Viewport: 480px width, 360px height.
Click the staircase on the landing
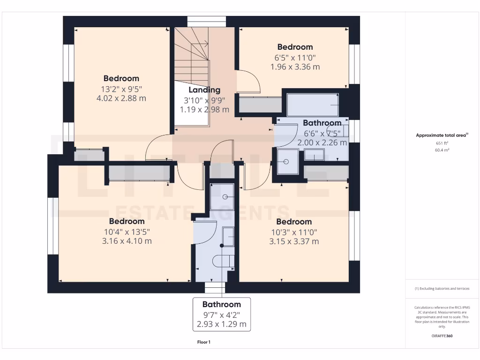(x=192, y=56)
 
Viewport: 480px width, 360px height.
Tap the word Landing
(x=204, y=90)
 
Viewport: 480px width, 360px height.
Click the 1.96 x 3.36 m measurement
(x=295, y=67)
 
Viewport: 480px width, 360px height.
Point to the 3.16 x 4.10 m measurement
(x=127, y=241)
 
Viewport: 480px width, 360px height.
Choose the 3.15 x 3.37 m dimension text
(x=294, y=241)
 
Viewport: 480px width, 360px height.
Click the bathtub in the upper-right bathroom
(x=313, y=105)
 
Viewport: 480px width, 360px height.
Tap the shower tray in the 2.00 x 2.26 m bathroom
(x=287, y=161)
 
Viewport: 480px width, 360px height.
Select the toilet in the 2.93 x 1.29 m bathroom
(x=224, y=262)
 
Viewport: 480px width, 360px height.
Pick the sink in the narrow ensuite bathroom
(x=228, y=237)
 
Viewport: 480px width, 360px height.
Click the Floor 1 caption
(x=204, y=342)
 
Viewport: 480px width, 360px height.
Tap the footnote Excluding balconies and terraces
(x=442, y=289)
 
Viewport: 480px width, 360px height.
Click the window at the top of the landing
(x=207, y=22)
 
